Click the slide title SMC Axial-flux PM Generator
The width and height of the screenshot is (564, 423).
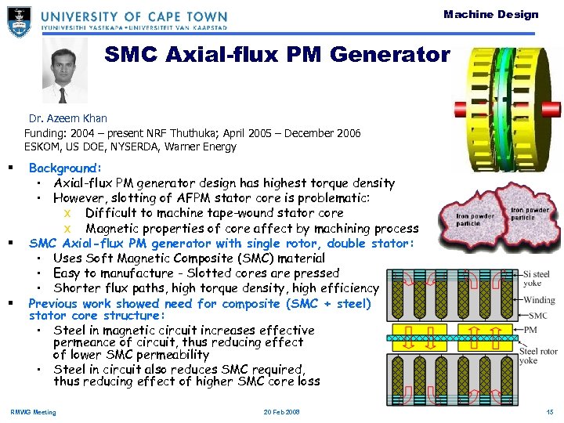277,55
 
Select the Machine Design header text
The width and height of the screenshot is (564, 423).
490,14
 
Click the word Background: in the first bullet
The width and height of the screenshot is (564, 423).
65,168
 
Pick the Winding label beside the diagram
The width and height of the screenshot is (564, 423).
539,300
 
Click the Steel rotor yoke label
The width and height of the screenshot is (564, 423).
538,356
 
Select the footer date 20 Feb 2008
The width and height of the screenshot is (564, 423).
282,412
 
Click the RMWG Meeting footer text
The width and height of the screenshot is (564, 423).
33,412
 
